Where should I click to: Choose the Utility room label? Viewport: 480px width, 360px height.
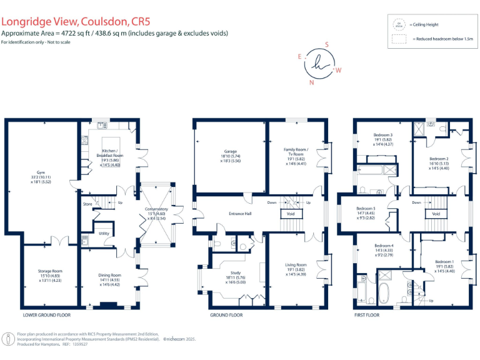coord(104,233)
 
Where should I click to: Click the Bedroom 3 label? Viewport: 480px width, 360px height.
coord(382,135)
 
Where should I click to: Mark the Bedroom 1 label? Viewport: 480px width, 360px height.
coord(444,261)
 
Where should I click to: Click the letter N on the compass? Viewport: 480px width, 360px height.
coord(312,82)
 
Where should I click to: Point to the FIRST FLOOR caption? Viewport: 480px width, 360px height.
coord(367,315)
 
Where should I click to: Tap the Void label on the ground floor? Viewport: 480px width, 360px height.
coord(290,213)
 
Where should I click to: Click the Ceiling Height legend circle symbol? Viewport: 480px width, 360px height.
coord(398,24)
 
